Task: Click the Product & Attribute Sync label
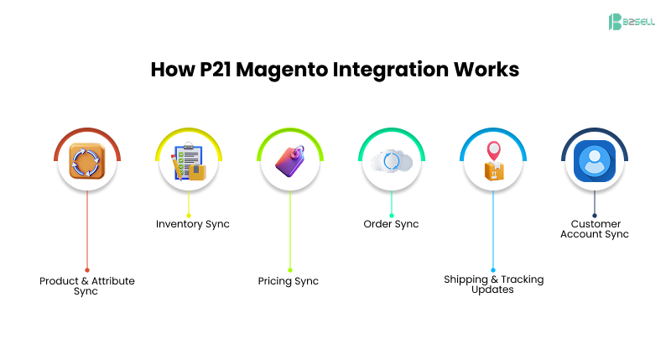point(86,286)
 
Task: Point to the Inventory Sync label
point(193,224)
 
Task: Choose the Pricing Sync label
point(289,281)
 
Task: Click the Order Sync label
point(391,224)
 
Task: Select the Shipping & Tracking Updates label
point(493,284)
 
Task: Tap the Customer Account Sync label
point(596,229)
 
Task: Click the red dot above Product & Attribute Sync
point(86,269)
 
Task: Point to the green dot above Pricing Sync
point(290,269)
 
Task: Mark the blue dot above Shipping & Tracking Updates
point(493,269)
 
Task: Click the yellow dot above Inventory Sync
point(189,216)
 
